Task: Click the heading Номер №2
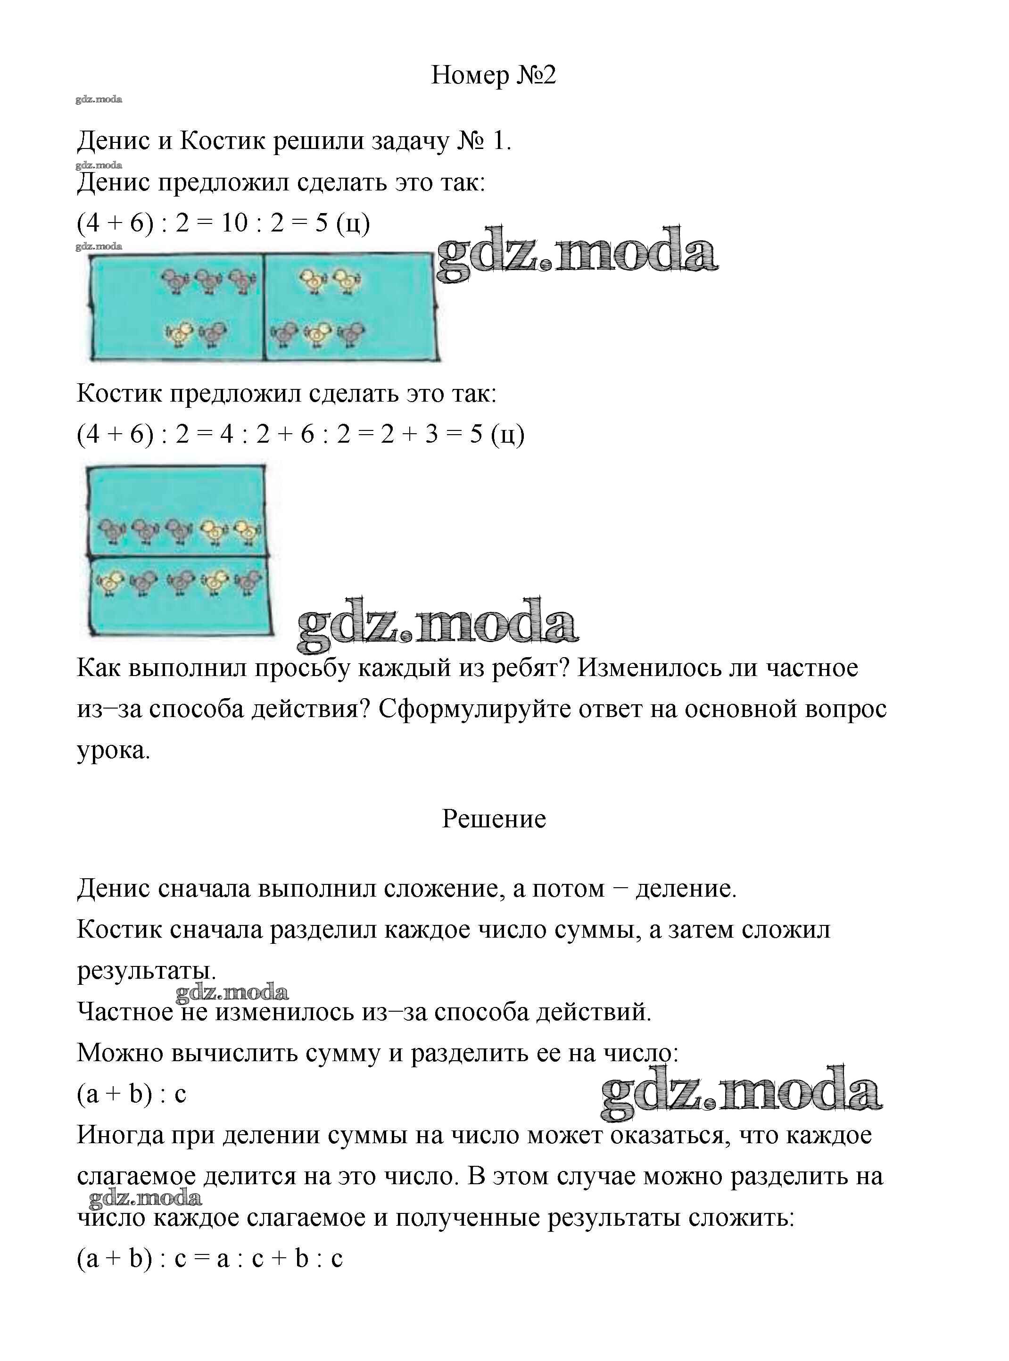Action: [494, 75]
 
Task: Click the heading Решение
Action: [494, 819]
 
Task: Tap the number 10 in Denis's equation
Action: [234, 223]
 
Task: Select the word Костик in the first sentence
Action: [223, 141]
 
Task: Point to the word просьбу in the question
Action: [302, 668]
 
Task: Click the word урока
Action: [113, 751]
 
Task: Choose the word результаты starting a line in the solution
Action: [146, 970]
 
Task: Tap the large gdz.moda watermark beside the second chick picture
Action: [438, 624]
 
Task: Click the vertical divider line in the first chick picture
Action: [263, 306]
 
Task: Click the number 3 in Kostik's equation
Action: [431, 434]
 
